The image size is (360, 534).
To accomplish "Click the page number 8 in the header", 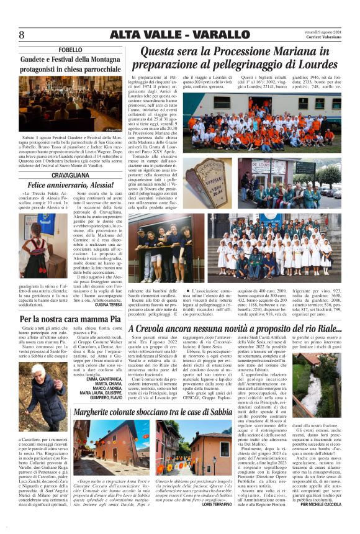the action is pos(21,35).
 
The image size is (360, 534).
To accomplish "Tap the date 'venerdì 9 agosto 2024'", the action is pos(323,32).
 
